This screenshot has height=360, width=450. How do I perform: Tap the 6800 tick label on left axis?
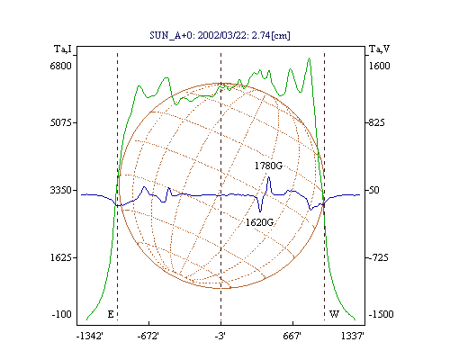(60, 66)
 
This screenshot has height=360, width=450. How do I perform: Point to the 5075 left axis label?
(60, 122)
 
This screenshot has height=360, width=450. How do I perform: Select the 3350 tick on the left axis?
(60, 190)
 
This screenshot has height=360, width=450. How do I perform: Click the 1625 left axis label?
(61, 257)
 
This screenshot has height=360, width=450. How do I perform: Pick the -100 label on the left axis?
(62, 314)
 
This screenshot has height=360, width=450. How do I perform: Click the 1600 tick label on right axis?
(379, 66)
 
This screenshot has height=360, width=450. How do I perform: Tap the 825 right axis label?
(377, 122)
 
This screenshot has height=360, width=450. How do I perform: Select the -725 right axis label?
(378, 257)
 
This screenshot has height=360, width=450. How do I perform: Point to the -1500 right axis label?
(381, 314)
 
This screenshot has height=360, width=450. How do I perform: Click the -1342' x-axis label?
(90, 336)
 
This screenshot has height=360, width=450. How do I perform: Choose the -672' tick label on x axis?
(148, 336)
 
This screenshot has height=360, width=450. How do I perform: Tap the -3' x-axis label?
(220, 336)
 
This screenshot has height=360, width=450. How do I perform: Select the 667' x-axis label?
(292, 336)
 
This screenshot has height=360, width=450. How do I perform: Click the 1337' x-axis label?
(353, 336)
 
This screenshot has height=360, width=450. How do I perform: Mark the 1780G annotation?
(268, 166)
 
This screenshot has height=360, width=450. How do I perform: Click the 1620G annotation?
(259, 222)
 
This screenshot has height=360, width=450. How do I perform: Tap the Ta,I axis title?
(63, 49)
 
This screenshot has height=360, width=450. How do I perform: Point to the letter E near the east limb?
(111, 314)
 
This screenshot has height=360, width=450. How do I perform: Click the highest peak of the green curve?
(309, 58)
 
